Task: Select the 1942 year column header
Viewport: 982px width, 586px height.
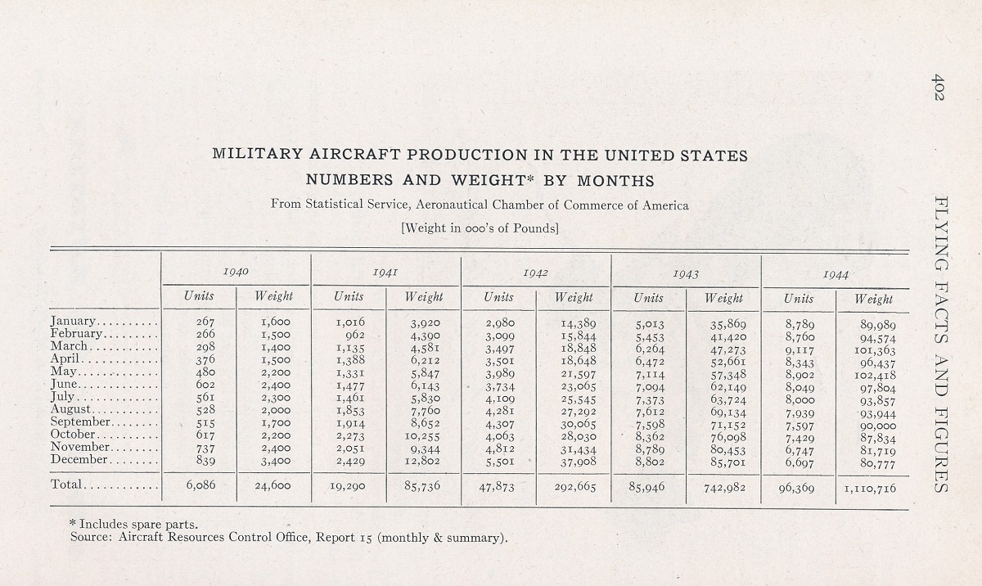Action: tap(535, 273)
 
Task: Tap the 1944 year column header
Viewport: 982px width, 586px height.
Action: tap(836, 275)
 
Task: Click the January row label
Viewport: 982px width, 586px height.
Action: tap(72, 322)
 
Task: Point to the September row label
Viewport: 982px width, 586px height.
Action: tap(80, 421)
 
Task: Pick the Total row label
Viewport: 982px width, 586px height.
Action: tap(66, 485)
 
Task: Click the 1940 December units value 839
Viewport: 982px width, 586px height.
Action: tap(205, 460)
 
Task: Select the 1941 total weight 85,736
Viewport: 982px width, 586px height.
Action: tap(421, 486)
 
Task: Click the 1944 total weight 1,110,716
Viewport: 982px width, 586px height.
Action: tap(870, 489)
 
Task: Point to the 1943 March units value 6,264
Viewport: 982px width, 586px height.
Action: tap(650, 349)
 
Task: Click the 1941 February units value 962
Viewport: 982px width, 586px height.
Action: tap(355, 335)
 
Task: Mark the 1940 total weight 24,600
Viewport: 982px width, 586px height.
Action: tap(273, 485)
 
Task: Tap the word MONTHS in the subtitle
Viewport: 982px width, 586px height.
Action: tap(615, 181)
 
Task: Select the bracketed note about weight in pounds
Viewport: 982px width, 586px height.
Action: tap(480, 228)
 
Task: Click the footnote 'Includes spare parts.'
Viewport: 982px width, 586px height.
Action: tap(134, 524)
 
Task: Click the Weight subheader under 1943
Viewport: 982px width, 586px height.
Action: tap(723, 298)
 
